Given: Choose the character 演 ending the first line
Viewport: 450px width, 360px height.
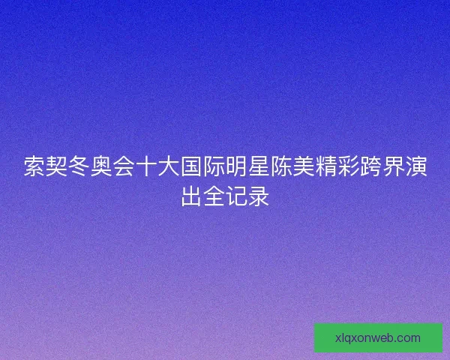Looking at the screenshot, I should point(416,166).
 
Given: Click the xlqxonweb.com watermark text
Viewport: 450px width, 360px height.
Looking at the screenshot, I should point(378,337).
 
